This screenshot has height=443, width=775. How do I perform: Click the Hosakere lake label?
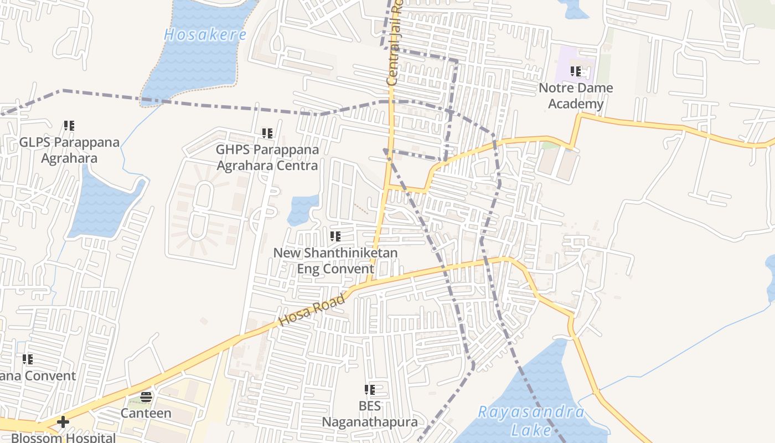(205, 34)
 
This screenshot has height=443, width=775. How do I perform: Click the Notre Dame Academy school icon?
(576, 71)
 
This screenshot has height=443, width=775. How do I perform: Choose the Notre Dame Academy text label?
(576, 96)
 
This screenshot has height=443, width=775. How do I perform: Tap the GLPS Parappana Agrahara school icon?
(69, 126)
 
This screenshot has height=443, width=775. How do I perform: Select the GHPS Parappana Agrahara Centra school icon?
(267, 133)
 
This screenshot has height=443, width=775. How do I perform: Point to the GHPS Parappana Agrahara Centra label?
(267, 157)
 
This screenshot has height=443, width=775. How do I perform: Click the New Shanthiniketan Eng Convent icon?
(335, 237)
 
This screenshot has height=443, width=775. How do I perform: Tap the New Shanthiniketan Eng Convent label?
(335, 261)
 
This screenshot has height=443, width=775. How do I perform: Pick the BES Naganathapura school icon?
(370, 390)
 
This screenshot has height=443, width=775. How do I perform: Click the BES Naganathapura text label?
(370, 414)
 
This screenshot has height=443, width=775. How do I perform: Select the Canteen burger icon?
(146, 396)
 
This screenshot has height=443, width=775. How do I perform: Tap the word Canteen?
(146, 413)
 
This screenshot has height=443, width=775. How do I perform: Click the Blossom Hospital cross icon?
(63, 422)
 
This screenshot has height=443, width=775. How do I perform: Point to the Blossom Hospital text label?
(63, 437)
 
